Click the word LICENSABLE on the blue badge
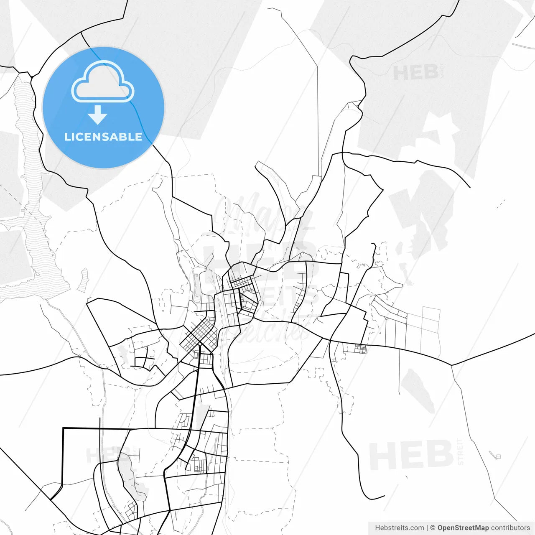coord(103,137)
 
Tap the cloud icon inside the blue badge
coord(103,82)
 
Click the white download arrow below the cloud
coord(98,115)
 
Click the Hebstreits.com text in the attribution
coord(399,528)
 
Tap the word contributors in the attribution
coord(510,528)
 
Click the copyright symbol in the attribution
coord(433,528)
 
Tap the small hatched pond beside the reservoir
coord(84,279)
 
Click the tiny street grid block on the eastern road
coord(360,349)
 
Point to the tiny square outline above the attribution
coord(497,456)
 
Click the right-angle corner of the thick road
coord(63,428)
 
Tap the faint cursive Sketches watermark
coord(267,330)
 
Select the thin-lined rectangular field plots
coord(422,330)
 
